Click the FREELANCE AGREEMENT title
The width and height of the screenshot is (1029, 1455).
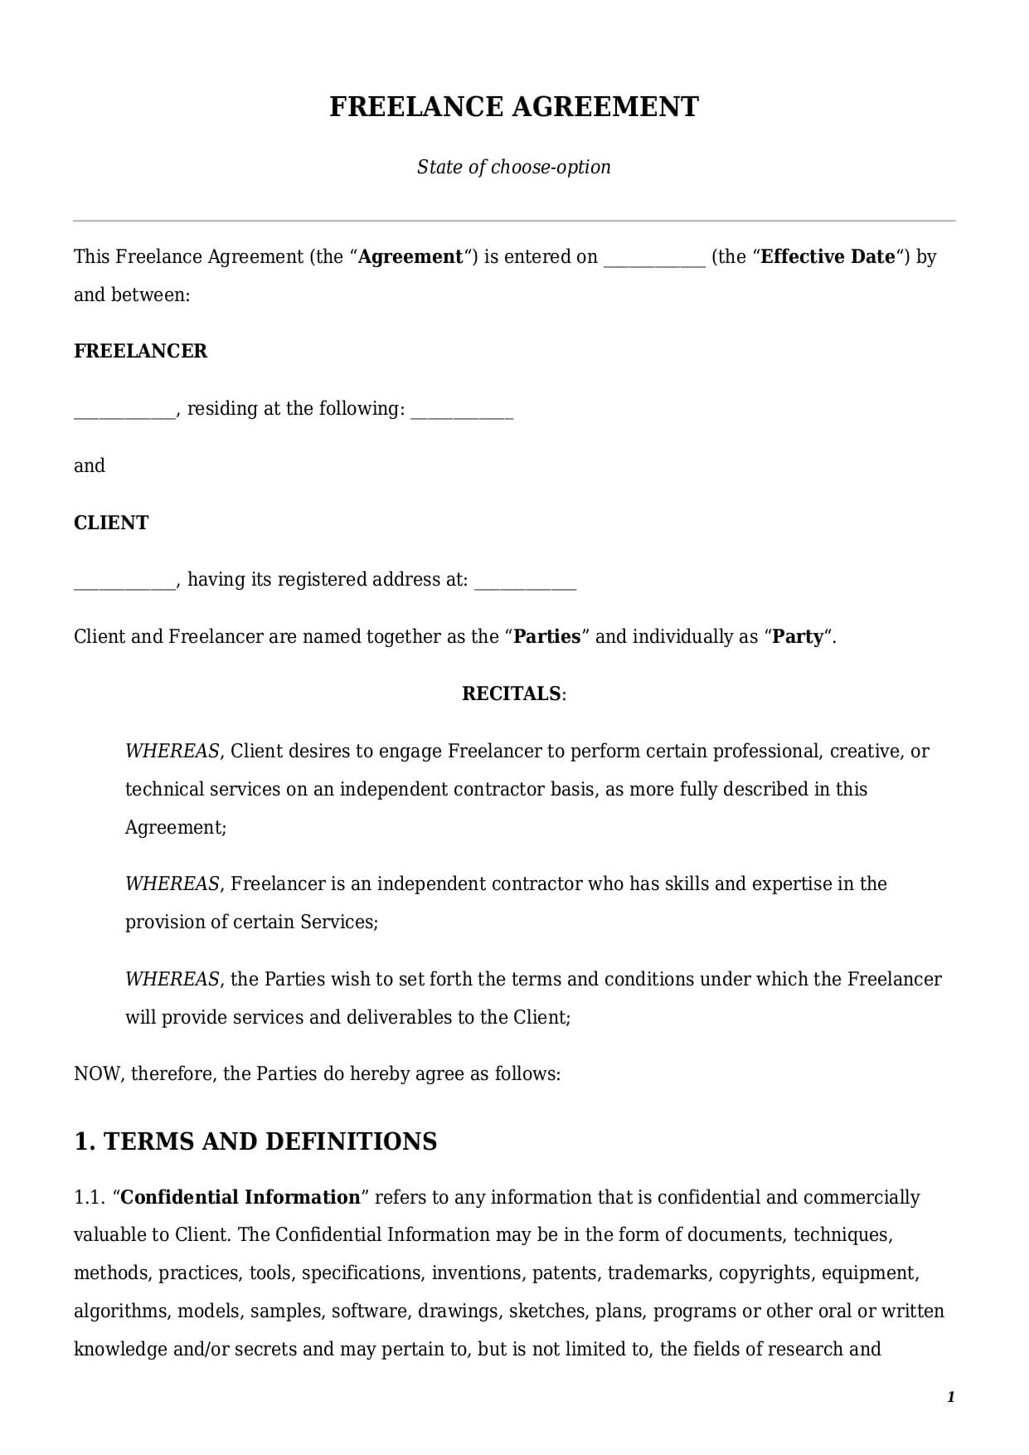click(x=514, y=107)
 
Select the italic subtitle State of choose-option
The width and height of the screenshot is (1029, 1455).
click(x=514, y=167)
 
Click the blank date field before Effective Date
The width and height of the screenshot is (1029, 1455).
click(x=654, y=259)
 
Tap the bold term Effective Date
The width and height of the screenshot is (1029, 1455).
click(x=828, y=256)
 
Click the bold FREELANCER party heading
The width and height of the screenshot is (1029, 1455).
click(x=140, y=351)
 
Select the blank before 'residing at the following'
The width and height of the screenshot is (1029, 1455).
click(x=124, y=411)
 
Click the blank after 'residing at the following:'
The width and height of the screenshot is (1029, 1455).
click(x=462, y=411)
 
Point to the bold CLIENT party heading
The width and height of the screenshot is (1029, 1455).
click(x=111, y=523)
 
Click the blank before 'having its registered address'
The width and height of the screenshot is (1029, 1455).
click(x=124, y=582)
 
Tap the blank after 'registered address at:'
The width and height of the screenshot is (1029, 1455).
click(x=525, y=582)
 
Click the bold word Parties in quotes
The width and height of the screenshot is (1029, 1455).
click(x=547, y=636)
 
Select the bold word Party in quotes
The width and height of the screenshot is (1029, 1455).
click(x=798, y=636)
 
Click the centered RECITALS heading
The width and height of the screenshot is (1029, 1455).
click(x=512, y=693)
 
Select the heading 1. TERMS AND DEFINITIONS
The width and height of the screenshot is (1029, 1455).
click(x=255, y=1141)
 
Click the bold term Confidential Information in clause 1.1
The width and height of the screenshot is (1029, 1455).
click(x=240, y=1197)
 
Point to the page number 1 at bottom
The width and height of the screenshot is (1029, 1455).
click(x=950, y=1397)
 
